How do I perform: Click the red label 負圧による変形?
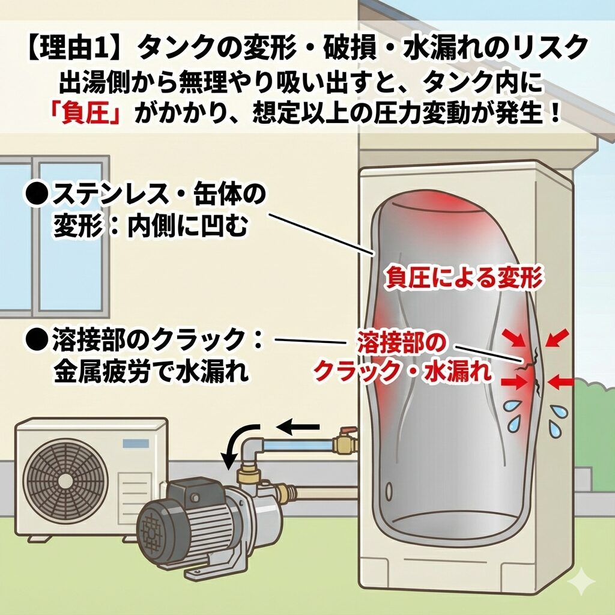click(464, 277)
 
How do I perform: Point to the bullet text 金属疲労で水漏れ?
click(151, 370)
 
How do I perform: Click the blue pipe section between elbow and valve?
click(297, 446)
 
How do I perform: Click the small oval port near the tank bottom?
click(389, 489)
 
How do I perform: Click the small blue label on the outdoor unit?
click(136, 444)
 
